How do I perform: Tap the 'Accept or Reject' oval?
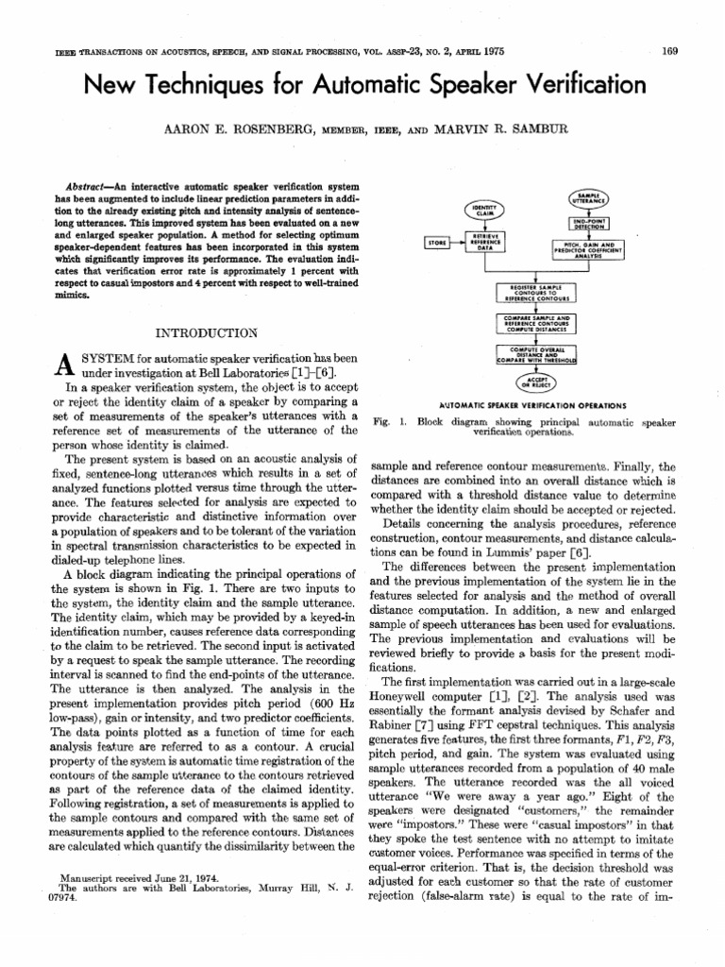point(535,382)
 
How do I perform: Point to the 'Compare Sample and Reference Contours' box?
point(535,322)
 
